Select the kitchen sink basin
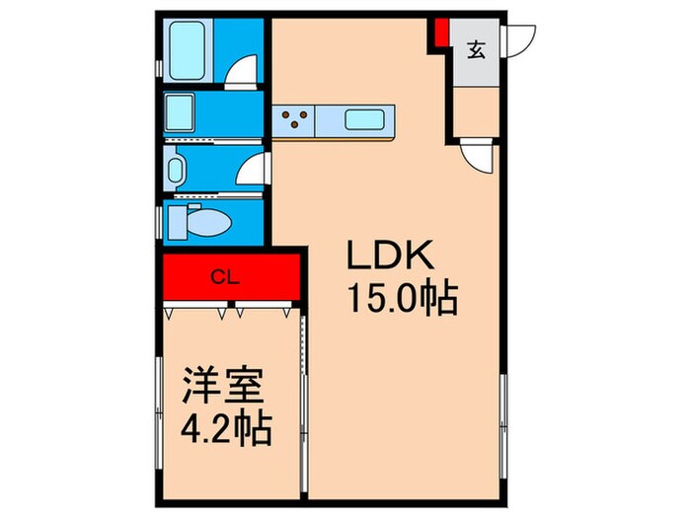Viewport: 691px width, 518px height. point(367,121)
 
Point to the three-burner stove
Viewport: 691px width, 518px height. point(295,120)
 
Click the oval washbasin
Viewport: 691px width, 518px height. point(176,172)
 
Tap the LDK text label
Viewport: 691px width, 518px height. point(388,258)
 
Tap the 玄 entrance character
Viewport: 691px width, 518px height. point(476,48)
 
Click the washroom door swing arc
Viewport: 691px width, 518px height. point(251,169)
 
